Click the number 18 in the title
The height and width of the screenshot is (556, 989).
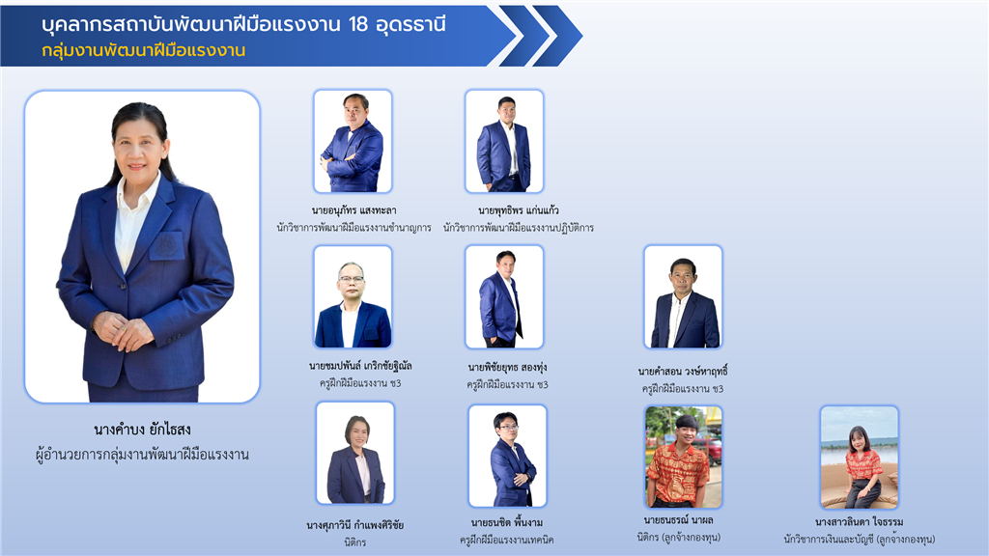357,24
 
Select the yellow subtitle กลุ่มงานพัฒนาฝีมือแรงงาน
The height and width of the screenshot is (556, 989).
144,50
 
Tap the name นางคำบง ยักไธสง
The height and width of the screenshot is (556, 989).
142,430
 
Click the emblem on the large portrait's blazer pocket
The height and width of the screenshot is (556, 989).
166,244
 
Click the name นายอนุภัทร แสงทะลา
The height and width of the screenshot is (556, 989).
353,209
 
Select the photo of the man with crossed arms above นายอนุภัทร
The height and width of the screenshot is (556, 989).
353,141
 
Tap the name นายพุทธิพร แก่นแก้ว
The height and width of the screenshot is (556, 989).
518,209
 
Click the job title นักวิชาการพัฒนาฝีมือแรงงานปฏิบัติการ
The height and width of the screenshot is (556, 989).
518,228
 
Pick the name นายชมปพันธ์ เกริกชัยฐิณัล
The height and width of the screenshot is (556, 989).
360,366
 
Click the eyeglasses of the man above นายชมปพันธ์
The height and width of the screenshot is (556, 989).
351,278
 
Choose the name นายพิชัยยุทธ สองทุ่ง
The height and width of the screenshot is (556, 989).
507,367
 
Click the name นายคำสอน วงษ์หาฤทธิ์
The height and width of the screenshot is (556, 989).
683,372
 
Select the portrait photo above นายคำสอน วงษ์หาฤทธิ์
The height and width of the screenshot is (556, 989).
683,297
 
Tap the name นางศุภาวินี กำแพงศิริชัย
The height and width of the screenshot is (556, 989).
355,524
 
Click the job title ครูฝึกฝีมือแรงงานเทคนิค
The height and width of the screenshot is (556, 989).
506,540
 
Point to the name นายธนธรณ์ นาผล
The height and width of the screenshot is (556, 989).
678,520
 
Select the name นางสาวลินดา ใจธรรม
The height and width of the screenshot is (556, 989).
859,522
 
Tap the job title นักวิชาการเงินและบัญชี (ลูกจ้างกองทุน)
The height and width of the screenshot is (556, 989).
859,539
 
